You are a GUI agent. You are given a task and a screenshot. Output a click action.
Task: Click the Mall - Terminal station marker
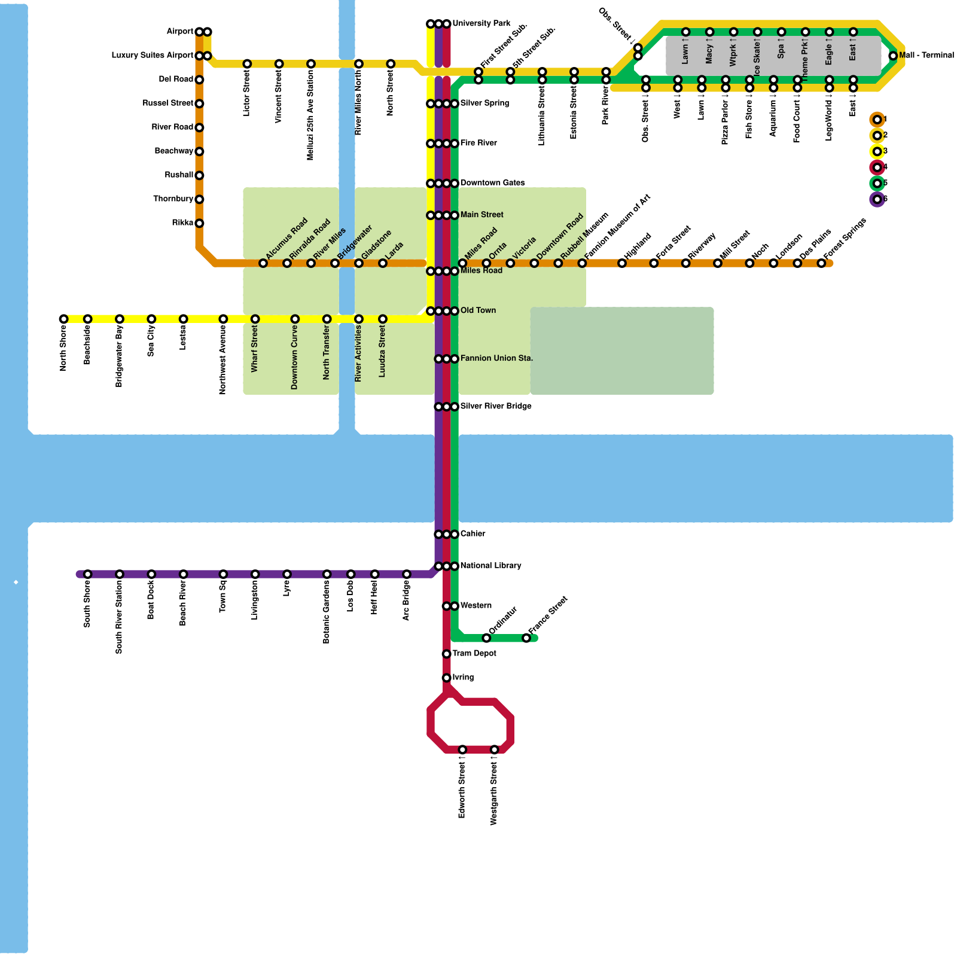(893, 56)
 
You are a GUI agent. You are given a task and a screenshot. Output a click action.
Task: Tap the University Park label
(481, 24)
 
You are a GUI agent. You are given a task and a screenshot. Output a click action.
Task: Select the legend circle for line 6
(877, 199)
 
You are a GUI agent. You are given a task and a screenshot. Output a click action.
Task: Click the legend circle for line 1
(877, 120)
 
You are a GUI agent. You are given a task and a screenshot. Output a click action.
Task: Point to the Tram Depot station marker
(446, 654)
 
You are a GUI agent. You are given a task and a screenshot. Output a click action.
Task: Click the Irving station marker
(446, 678)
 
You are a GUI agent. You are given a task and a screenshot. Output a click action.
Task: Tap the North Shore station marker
(63, 319)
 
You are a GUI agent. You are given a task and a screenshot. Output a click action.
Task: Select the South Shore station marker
(87, 574)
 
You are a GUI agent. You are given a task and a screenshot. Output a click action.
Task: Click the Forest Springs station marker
(821, 263)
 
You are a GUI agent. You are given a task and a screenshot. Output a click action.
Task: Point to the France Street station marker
(526, 638)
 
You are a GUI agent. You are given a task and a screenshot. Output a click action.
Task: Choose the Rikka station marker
(199, 223)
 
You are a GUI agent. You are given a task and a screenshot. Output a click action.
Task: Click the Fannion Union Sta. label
(496, 358)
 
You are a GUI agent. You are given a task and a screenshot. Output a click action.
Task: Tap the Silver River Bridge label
(496, 406)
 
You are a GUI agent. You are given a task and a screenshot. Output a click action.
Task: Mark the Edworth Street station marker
(462, 749)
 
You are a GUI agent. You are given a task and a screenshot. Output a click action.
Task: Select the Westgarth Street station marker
(494, 749)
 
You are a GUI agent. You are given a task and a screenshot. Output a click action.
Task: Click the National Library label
(490, 566)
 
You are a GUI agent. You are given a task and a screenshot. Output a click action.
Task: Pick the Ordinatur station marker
(486, 638)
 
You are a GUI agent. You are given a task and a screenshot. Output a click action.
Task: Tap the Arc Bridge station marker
(407, 574)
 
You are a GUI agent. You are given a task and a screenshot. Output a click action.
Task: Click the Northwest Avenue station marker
(223, 319)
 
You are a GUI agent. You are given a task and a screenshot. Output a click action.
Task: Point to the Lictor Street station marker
(247, 64)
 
